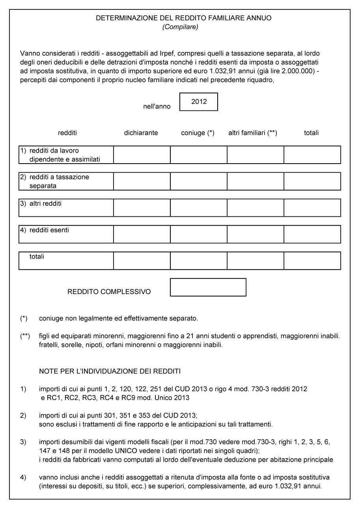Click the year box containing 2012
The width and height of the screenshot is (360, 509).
(x=199, y=102)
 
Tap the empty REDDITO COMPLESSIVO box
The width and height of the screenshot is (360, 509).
(x=208, y=287)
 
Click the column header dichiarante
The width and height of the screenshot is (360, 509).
(x=141, y=133)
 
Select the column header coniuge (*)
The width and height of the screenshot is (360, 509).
(x=198, y=133)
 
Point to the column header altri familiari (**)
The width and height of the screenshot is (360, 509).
(x=252, y=133)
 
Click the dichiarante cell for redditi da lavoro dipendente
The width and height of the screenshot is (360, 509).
(x=142, y=155)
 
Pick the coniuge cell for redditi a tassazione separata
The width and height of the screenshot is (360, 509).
(x=199, y=181)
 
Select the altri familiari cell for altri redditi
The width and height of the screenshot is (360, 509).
(x=256, y=207)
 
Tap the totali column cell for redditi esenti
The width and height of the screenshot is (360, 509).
(x=312, y=234)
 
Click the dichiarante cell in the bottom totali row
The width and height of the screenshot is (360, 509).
(x=142, y=261)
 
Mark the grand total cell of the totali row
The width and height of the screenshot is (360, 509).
(x=312, y=261)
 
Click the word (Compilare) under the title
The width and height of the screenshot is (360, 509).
(x=180, y=27)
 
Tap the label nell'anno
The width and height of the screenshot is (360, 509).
(x=157, y=106)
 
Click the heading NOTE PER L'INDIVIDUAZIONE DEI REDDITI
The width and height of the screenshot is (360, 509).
(x=110, y=371)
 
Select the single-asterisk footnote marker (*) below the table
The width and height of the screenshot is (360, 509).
(x=24, y=318)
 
